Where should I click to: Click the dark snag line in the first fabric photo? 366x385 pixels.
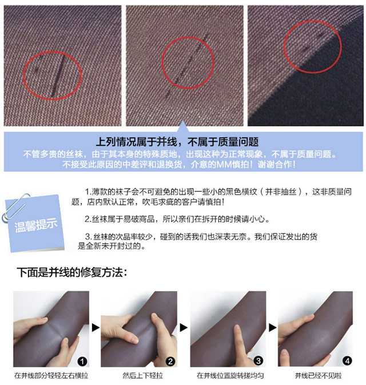[59, 76]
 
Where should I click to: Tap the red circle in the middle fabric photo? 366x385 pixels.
[162, 62]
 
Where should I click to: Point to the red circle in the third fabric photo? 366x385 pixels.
[284, 47]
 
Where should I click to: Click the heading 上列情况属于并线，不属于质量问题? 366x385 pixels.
[177, 142]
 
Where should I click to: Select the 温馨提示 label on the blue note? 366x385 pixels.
[35, 225]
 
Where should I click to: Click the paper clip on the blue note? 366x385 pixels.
[15, 207]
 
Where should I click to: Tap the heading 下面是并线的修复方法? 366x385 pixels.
[72, 272]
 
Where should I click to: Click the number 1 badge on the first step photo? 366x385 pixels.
[82, 361]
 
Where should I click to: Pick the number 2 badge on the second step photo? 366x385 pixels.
[170, 361]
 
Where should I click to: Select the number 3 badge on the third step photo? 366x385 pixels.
[258, 361]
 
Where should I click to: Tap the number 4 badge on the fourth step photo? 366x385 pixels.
[347, 361]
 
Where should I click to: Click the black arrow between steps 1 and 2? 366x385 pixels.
[96, 328]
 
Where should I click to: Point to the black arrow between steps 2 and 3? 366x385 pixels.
[184, 328]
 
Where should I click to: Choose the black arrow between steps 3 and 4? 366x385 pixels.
[272, 328]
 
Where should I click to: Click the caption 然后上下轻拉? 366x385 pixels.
[142, 375]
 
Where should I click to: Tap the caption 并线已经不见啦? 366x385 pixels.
[319, 375]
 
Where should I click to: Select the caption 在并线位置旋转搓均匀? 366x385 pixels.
[230, 375]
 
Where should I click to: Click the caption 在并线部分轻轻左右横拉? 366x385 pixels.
[51, 375]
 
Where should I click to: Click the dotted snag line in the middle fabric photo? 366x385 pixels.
[187, 65]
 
